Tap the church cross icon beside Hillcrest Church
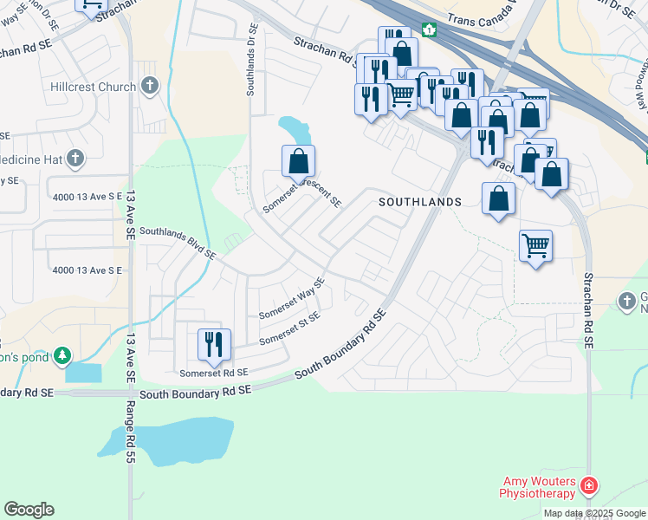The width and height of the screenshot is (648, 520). tap(151, 86)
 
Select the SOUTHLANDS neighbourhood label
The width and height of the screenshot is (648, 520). tap(419, 202)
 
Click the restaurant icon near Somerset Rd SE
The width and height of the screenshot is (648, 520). tap(213, 344)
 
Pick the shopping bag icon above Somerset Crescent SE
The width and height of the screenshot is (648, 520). tap(298, 160)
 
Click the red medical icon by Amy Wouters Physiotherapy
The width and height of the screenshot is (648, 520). tap(590, 485)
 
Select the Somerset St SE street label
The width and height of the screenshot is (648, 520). tap(289, 328)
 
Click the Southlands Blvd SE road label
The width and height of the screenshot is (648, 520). tap(178, 243)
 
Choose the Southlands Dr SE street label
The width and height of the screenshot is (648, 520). tap(252, 60)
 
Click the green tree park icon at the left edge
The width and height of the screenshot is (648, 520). tap(62, 355)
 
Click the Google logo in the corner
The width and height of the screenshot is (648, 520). tap(29, 510)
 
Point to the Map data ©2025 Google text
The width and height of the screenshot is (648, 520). tap(594, 513)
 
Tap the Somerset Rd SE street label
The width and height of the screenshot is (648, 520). tap(213, 373)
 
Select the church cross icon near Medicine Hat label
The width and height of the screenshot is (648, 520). tap(75, 159)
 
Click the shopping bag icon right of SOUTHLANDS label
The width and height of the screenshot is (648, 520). tap(498, 199)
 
